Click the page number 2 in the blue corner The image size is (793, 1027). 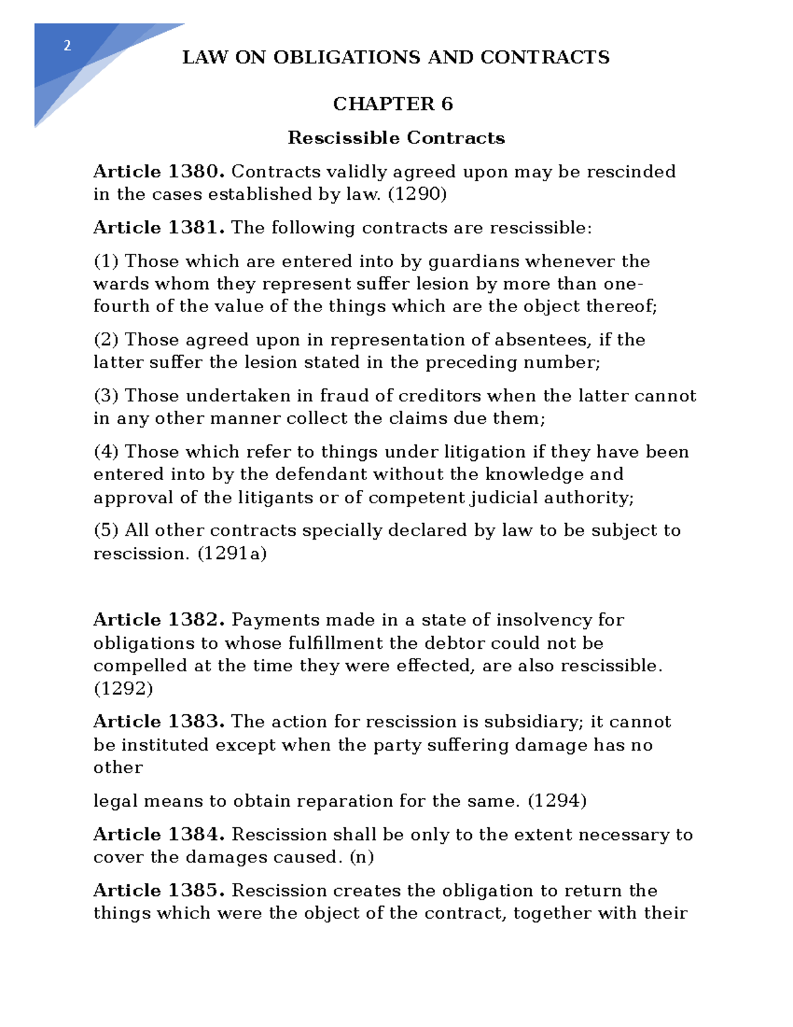(67, 46)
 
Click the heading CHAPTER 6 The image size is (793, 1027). (393, 104)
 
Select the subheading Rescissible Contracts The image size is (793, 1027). (396, 138)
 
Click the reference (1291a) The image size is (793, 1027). (232, 554)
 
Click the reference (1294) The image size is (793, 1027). (557, 801)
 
